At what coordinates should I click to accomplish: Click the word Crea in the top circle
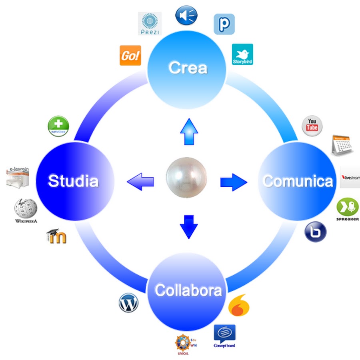click(x=188, y=68)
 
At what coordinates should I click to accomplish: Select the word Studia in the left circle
click(x=73, y=181)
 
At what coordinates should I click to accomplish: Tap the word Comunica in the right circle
click(x=298, y=181)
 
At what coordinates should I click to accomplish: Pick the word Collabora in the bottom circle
click(x=188, y=290)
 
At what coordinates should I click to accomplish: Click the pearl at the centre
click(x=186, y=178)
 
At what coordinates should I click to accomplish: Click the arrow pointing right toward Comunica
click(x=234, y=182)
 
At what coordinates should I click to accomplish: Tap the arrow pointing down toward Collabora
click(x=188, y=227)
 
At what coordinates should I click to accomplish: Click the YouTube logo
click(x=312, y=125)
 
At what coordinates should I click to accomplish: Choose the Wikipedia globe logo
click(x=26, y=209)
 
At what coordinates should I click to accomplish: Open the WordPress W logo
click(x=128, y=303)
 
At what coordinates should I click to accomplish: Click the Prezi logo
click(x=149, y=23)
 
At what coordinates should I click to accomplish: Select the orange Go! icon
click(x=130, y=55)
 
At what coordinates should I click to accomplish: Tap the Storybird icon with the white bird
click(x=242, y=54)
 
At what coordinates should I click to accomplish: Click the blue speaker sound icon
click(x=186, y=14)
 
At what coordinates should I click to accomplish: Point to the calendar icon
click(x=342, y=144)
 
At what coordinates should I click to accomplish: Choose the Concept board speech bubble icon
click(x=224, y=334)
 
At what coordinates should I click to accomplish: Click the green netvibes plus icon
click(x=58, y=126)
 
